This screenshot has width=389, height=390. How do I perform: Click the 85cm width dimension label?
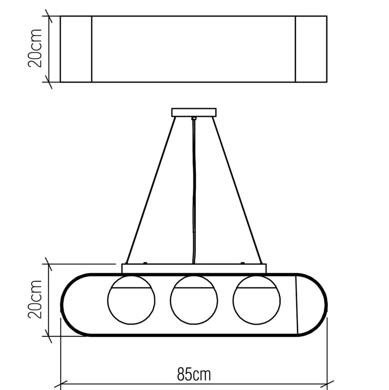pyautogui.click(x=194, y=374)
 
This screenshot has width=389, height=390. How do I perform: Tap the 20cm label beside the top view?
pyautogui.click(x=35, y=48)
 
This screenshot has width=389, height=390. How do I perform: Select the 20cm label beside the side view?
pyautogui.click(x=35, y=300)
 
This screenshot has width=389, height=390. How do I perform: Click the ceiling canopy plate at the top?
pyautogui.click(x=194, y=112)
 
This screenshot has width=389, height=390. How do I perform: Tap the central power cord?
pyautogui.click(x=194, y=190)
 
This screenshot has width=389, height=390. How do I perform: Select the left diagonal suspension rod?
pyautogui.click(x=151, y=190)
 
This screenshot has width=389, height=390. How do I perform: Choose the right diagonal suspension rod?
pyautogui.click(x=237, y=190)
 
